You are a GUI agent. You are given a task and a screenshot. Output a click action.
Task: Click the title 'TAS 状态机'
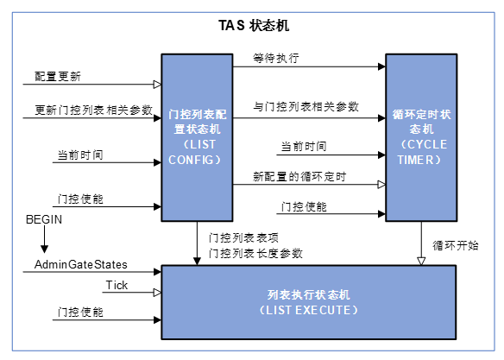tap(253, 25)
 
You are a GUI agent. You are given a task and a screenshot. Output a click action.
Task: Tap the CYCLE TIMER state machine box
tap(420, 135)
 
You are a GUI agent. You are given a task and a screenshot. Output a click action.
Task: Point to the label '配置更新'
tap(58, 76)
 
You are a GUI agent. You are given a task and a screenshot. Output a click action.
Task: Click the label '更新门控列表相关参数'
tap(93, 110)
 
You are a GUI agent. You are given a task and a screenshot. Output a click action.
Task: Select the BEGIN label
tap(43, 221)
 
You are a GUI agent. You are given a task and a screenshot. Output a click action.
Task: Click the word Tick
tap(117, 285)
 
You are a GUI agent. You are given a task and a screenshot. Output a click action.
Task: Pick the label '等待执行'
tap(276, 59)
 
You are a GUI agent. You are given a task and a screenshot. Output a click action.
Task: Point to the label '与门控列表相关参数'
tap(306, 106)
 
